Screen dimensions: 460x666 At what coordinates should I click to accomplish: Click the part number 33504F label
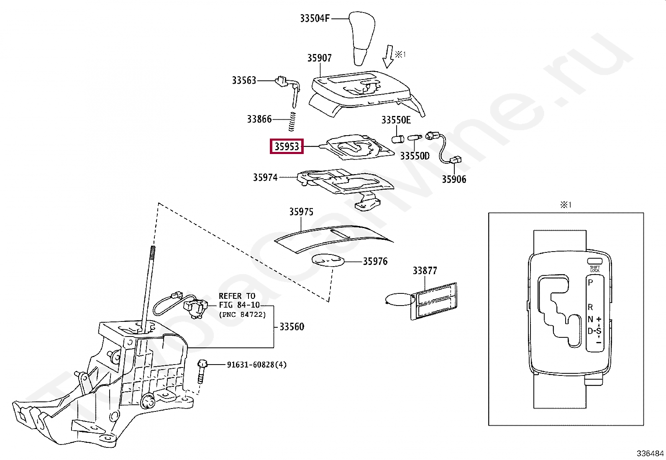coord(315,18)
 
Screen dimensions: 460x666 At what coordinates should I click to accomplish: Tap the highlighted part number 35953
coord(287,146)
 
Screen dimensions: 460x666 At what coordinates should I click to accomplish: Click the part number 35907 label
coord(319,58)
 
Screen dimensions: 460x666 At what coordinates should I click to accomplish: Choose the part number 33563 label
coord(244,80)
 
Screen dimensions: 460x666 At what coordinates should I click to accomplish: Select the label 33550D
coord(415,156)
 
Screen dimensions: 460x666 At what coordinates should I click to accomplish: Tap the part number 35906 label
coord(454,179)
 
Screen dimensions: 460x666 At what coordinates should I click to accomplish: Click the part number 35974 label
coord(265,177)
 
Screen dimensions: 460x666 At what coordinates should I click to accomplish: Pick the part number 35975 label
coord(301,212)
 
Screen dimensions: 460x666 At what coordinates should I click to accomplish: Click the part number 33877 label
coord(425,271)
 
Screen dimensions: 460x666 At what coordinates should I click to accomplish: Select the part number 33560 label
coord(292,327)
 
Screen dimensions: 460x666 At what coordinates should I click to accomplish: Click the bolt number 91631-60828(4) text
coord(256,365)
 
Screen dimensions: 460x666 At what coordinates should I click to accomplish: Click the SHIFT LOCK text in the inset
coord(594,269)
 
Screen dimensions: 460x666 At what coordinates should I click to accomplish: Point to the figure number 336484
coord(650,453)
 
